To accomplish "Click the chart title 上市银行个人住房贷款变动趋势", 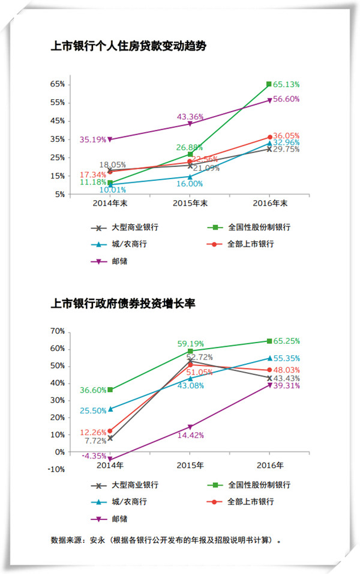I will pyautogui.click(x=128, y=46).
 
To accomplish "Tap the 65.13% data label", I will pyautogui.click(x=286, y=85).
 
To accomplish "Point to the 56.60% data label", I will pyautogui.click(x=286, y=99).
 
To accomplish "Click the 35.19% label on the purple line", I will pyautogui.click(x=93, y=139).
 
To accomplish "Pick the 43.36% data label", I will pyautogui.click(x=190, y=116).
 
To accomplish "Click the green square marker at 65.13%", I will pyautogui.click(x=269, y=84).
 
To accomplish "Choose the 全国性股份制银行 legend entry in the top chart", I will pyautogui.click(x=259, y=228).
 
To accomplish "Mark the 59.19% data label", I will pyautogui.click(x=190, y=344).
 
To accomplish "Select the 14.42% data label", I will pyautogui.click(x=190, y=435).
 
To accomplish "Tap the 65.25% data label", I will pyautogui.click(x=286, y=340).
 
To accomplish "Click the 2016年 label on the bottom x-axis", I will pyautogui.click(x=269, y=465).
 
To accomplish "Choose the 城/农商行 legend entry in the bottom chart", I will pyautogui.click(x=128, y=501).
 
